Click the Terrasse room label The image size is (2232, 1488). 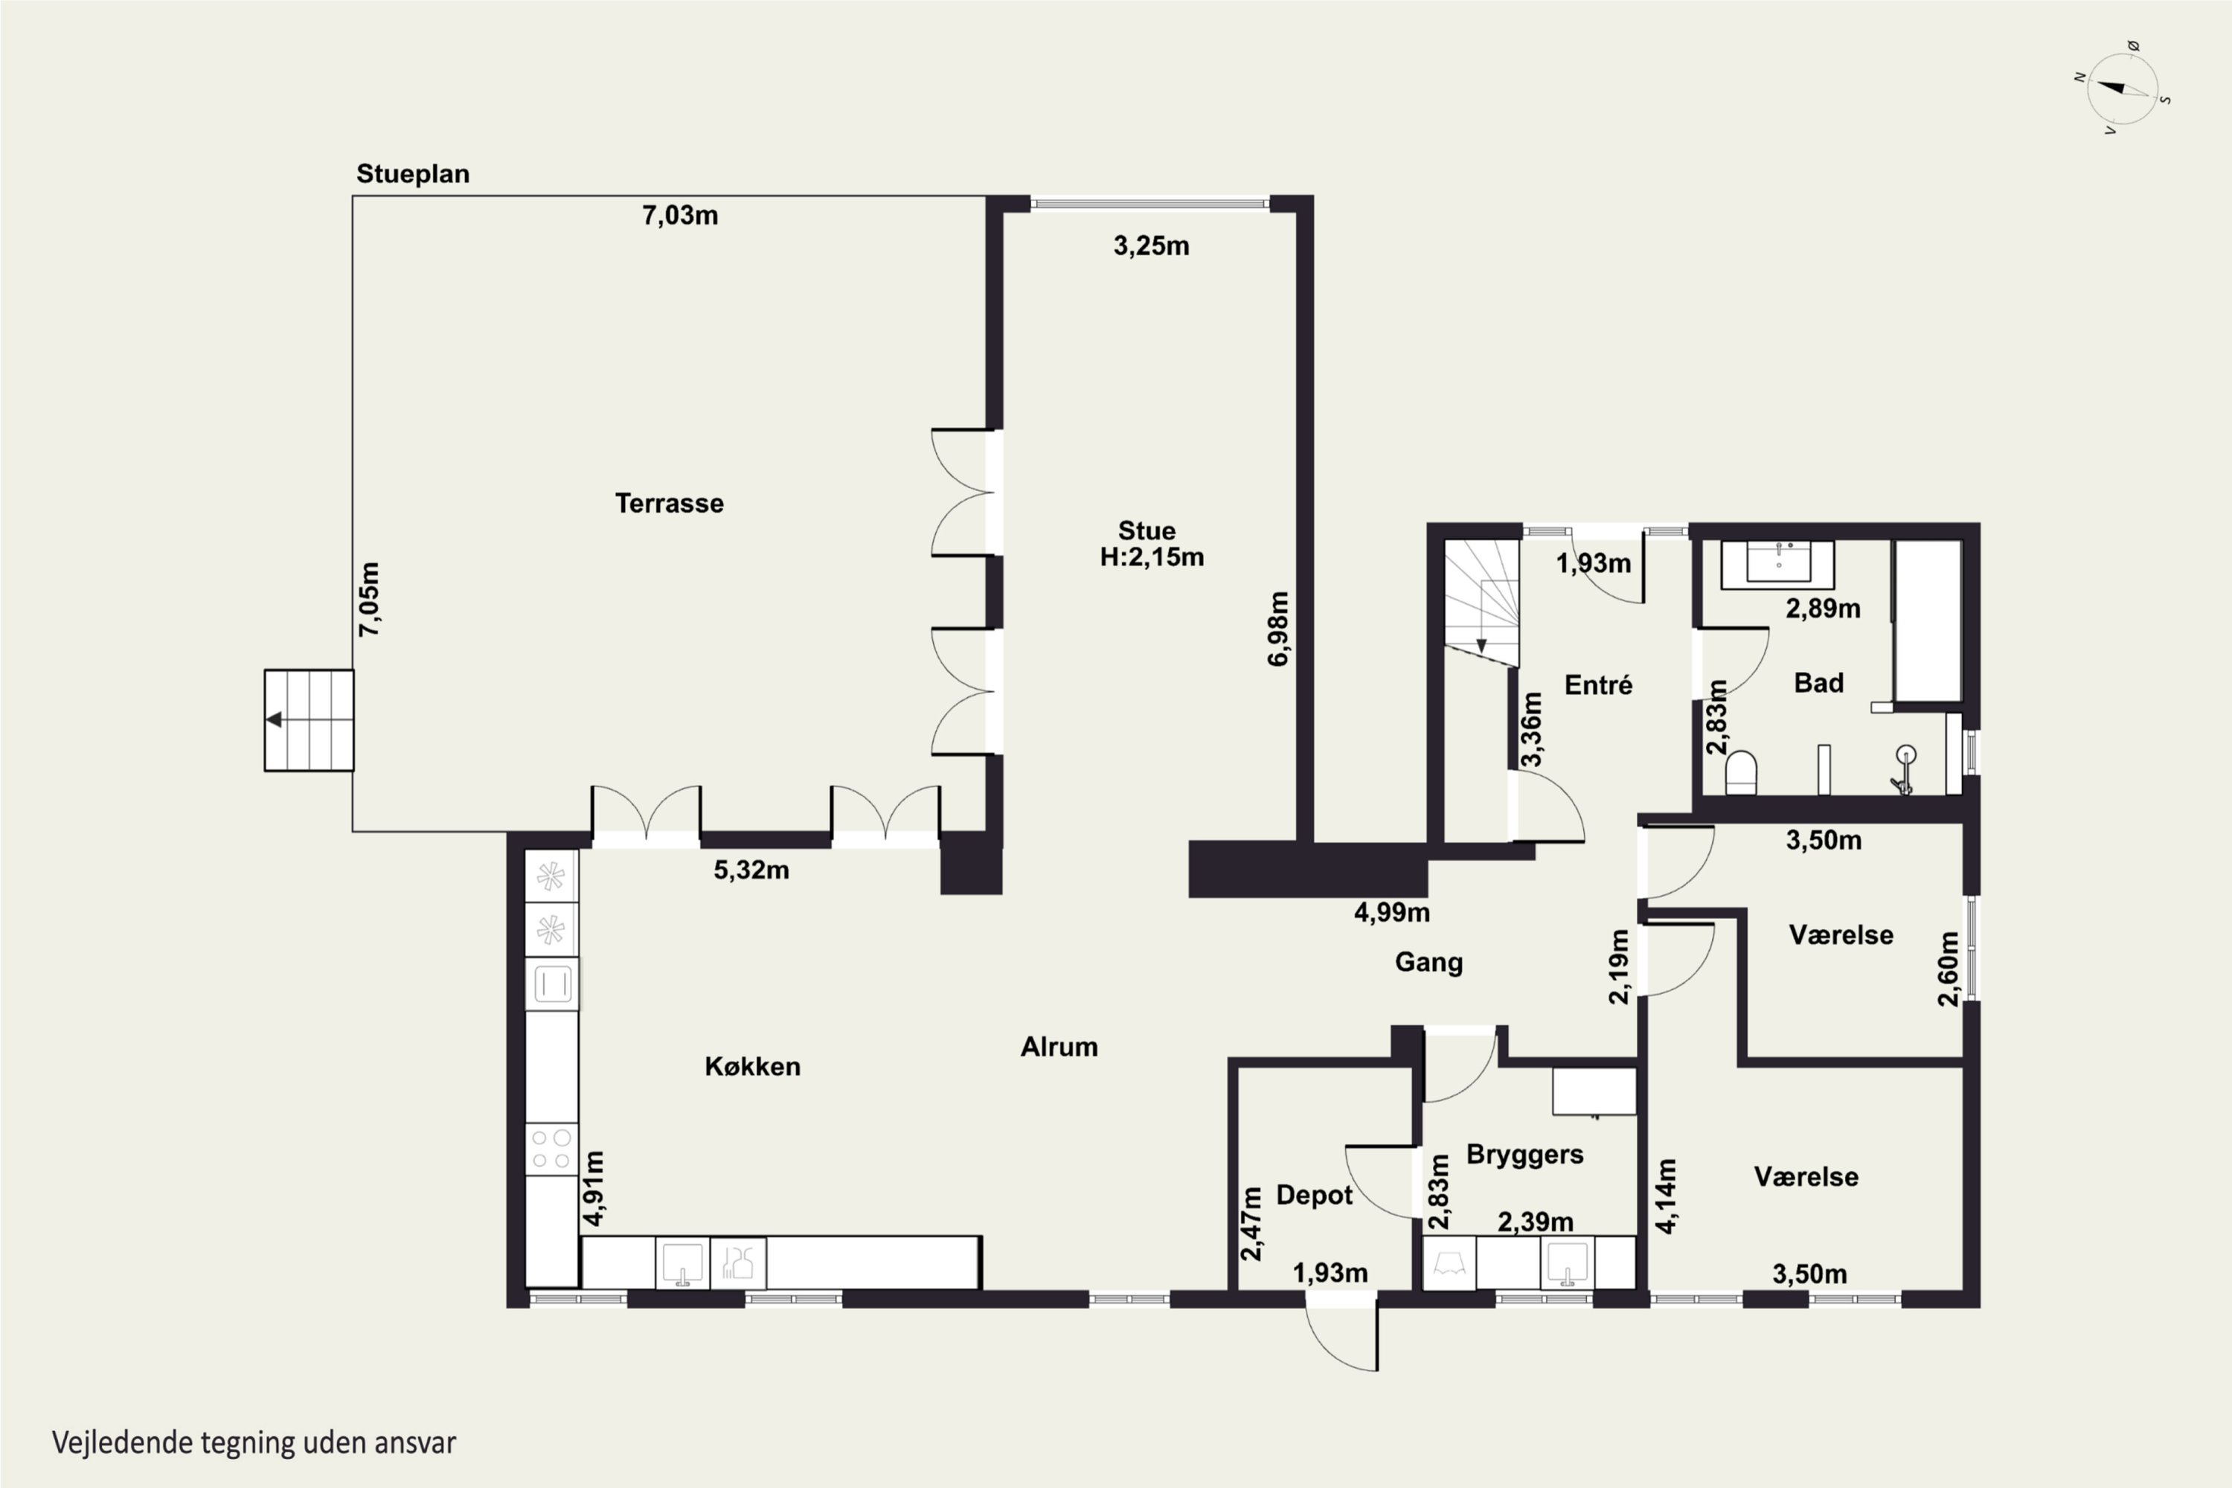click(669, 503)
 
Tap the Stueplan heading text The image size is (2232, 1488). click(413, 173)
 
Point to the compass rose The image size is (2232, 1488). click(2123, 89)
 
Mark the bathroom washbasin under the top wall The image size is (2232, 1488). click(1777, 565)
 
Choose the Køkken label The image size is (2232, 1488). click(752, 1067)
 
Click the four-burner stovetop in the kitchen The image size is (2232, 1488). click(551, 1148)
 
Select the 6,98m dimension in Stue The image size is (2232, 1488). click(1278, 628)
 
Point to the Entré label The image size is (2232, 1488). click(1598, 684)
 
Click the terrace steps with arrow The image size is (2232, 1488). click(310, 720)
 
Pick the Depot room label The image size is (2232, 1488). click(1315, 1195)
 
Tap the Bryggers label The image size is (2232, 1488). click(1525, 1155)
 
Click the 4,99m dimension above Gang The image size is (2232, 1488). click(1392, 912)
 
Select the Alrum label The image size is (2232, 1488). click(1059, 1047)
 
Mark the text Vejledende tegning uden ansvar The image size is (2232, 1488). click(254, 1443)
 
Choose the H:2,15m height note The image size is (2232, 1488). click(1152, 557)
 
